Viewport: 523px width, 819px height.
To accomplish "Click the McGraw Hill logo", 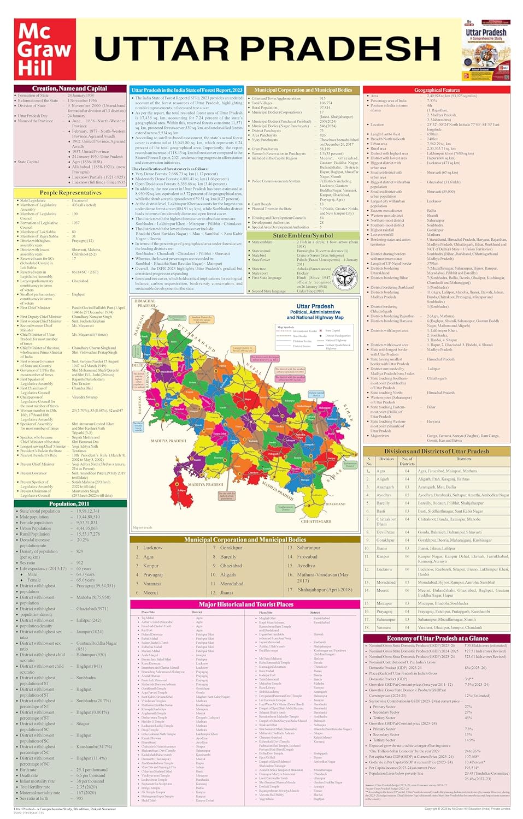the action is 44,49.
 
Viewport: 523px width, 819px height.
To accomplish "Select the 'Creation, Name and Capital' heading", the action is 69,88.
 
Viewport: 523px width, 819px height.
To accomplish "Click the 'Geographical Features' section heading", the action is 437,90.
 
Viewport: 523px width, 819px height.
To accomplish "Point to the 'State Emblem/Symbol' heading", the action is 303,235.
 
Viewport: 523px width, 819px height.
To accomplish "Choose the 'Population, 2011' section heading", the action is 69,503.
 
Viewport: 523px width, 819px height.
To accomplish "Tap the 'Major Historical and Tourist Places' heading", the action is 246,604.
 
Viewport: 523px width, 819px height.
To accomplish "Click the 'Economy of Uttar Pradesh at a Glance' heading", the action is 437,638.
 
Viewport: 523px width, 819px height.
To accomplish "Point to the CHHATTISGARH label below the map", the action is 316,521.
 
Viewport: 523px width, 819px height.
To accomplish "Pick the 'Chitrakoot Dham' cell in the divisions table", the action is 386,521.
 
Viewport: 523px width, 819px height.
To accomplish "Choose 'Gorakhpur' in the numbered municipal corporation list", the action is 231,548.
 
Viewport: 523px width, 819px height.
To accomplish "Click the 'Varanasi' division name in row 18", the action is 384,627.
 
